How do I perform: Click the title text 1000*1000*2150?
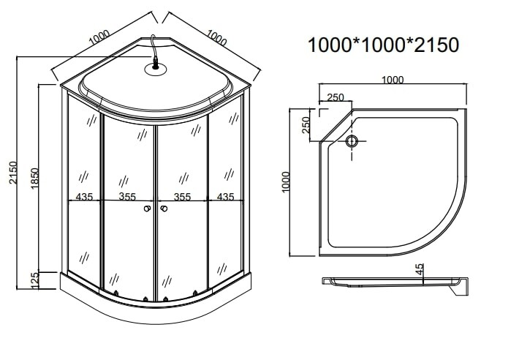pos(383,45)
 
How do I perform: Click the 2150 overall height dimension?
pos(13,173)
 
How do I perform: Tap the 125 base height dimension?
pos(34,280)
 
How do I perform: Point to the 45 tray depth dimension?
pos(420,269)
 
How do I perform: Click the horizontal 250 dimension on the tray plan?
pos(335,97)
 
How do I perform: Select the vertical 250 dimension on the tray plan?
pos(306,125)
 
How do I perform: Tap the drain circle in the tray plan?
pos(352,141)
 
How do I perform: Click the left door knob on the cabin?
pos(147,209)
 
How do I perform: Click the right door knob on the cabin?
pos(164,209)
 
